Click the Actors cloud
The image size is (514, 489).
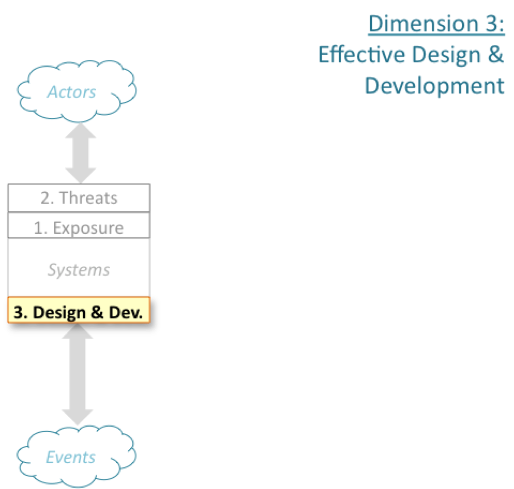77,91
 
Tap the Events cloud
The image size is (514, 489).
77,456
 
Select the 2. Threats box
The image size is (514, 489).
79,198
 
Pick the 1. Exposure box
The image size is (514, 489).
79,225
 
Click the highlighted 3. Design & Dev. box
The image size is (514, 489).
79,310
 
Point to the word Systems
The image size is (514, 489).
79,270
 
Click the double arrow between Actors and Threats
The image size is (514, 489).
80,153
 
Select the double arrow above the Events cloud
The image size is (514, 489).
78,374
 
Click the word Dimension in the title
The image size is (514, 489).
424,24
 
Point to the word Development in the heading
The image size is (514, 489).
435,86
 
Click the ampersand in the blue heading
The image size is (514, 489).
495,54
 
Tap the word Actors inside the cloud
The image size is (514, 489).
72,92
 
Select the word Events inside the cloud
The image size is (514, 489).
71,457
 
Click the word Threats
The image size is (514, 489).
88,198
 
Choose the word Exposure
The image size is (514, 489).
88,228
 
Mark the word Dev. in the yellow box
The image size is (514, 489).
126,312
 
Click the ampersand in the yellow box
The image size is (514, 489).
97,312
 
